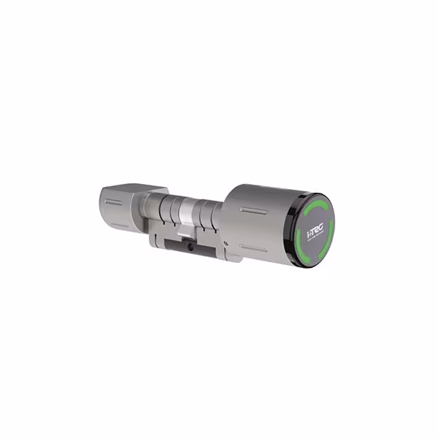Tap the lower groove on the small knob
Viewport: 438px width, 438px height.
click(118, 220)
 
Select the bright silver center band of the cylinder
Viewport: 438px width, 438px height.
click(188, 213)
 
